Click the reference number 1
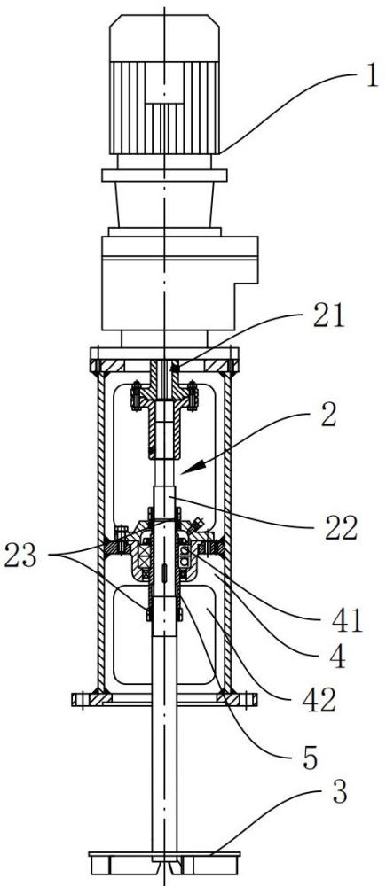(x=371, y=75)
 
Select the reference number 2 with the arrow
(x=327, y=416)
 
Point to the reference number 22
(x=341, y=528)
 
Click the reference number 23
(x=21, y=556)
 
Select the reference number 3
(x=338, y=792)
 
